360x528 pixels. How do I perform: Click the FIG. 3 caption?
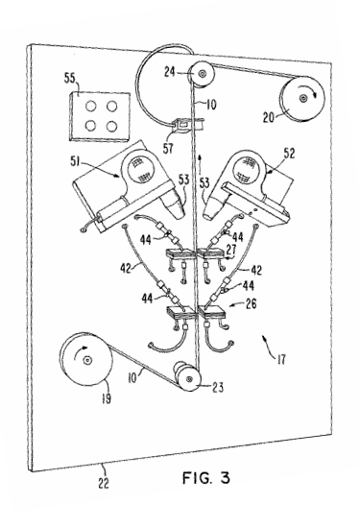[x=206, y=477]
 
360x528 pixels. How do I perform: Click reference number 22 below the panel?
[x=104, y=483]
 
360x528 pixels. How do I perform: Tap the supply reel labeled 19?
[x=85, y=360]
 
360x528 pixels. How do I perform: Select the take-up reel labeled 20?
[x=301, y=99]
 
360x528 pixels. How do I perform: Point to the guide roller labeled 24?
[x=202, y=74]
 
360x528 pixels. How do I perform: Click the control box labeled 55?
[x=100, y=117]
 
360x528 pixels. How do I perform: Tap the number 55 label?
[x=70, y=80]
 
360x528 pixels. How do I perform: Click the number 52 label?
[x=289, y=154]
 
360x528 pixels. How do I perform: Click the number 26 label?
[x=251, y=303]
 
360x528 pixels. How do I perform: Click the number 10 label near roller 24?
[x=210, y=105]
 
